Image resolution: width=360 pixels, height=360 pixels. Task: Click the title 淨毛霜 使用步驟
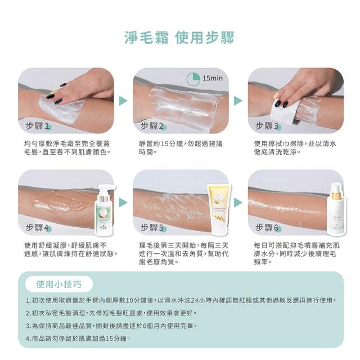(x=179, y=38)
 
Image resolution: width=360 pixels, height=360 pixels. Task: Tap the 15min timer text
(x=213, y=78)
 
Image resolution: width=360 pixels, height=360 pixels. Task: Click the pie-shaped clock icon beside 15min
(x=193, y=79)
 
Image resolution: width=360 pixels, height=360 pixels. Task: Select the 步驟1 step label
(x=38, y=126)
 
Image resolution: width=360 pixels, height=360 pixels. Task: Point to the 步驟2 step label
(x=152, y=126)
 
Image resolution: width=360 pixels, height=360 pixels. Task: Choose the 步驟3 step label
(x=267, y=126)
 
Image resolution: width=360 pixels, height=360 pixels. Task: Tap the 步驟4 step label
(x=38, y=228)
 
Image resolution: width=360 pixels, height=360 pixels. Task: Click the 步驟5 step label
(x=152, y=228)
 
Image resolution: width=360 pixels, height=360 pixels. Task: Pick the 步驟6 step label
(x=267, y=228)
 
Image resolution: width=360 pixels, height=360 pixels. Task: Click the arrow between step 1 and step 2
(x=123, y=101)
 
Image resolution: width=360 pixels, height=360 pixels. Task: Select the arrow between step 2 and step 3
(x=238, y=101)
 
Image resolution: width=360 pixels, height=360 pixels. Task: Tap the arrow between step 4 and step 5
(x=123, y=202)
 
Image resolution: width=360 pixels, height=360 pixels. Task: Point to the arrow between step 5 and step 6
(x=238, y=202)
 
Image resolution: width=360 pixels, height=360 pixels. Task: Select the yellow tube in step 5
(x=219, y=210)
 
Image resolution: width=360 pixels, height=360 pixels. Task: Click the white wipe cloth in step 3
(x=283, y=111)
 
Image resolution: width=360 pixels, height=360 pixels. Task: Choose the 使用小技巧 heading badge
(x=59, y=284)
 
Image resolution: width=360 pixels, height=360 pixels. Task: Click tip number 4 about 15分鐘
(x=78, y=338)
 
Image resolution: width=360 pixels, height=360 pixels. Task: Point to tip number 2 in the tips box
(x=111, y=313)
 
